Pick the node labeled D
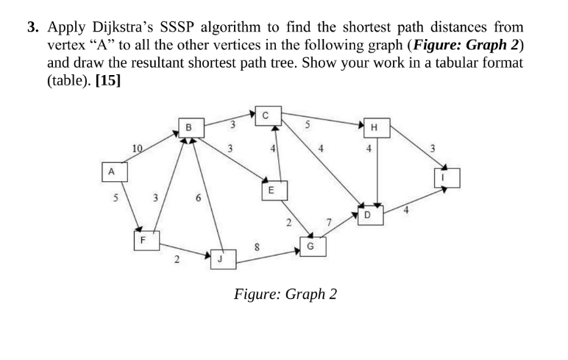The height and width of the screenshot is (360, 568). pos(368,214)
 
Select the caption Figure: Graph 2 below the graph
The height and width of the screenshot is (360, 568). pos(285,294)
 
